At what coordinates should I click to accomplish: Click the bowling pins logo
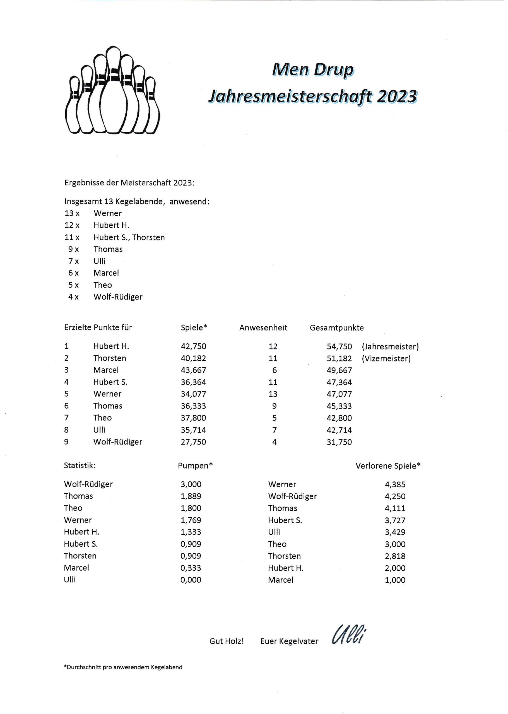(112, 91)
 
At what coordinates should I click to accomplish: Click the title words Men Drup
(312, 69)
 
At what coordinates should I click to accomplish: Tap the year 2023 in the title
(397, 96)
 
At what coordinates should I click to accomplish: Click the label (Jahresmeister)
(390, 346)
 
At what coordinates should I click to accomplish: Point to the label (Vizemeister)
(386, 358)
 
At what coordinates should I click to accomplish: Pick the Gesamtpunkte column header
(337, 328)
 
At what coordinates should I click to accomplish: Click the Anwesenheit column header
(263, 328)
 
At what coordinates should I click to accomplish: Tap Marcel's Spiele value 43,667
(193, 370)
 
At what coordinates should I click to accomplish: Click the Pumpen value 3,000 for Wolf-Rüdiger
(191, 484)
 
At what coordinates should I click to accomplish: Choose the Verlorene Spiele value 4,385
(395, 484)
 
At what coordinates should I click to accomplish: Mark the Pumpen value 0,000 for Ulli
(191, 580)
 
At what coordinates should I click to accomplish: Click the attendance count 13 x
(72, 213)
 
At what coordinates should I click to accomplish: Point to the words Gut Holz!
(227, 641)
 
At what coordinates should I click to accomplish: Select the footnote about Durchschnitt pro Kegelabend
(123, 667)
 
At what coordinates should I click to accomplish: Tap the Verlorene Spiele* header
(388, 466)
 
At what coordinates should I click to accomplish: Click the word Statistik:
(80, 466)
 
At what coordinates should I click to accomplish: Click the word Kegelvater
(298, 641)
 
